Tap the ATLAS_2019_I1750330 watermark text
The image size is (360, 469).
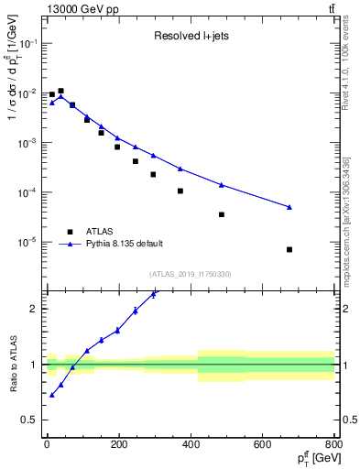190,274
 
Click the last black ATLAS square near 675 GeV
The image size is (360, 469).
289,249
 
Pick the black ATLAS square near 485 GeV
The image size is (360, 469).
222,214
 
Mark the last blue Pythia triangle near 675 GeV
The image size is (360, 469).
289,207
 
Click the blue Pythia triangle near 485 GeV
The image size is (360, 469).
222,185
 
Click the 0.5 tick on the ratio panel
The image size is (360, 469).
30,420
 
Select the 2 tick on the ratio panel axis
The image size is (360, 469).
35,309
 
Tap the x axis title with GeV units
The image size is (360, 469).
311,458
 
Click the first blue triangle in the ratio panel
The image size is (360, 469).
52,395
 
